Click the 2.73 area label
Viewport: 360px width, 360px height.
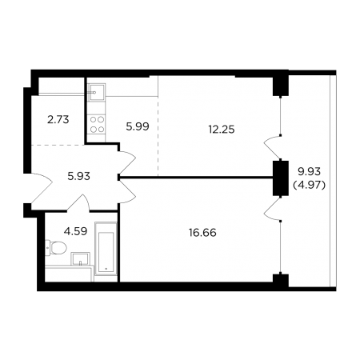tap(58, 120)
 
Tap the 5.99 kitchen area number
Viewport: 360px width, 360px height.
tap(138, 126)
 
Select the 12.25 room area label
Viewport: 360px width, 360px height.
tap(222, 130)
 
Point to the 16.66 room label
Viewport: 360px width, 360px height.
tap(202, 233)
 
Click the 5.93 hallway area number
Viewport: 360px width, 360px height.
tap(78, 176)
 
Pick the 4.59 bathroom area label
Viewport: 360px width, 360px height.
tap(75, 231)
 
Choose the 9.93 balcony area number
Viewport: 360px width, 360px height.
tap(309, 172)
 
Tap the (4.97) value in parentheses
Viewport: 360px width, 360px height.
tap(310, 185)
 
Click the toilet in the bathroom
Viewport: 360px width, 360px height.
tap(55, 248)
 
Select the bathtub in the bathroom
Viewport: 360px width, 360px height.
tap(106, 248)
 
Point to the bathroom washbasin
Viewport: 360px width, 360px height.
tap(80, 259)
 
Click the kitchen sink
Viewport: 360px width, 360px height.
tap(97, 92)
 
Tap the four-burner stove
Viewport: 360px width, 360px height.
tap(97, 125)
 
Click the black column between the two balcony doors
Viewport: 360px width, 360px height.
tap(281, 178)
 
